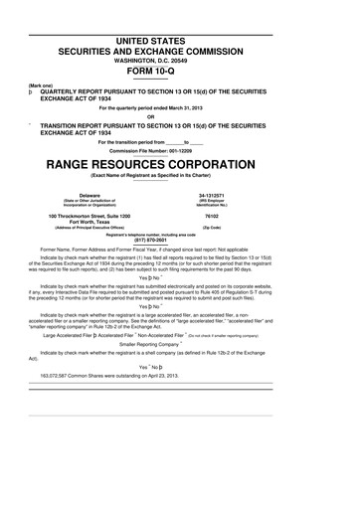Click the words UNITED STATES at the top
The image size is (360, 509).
180,39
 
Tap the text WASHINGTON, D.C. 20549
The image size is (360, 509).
180,58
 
